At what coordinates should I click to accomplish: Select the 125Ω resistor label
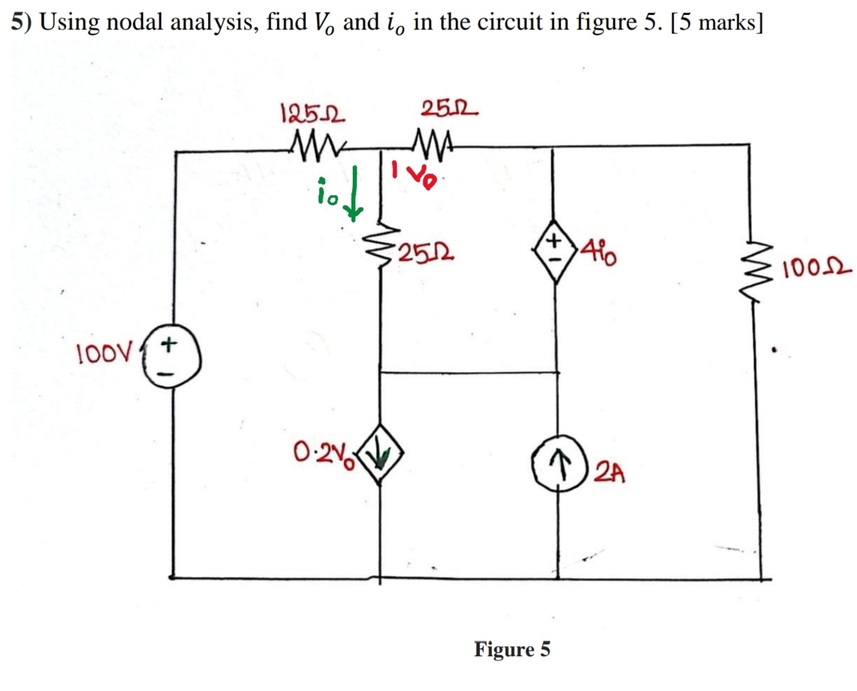click(312, 113)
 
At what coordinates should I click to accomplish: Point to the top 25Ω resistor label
click(449, 109)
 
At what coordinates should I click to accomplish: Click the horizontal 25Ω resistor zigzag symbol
click(434, 142)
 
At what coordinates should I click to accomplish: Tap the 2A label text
click(610, 473)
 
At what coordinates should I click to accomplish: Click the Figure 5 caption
click(512, 649)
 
